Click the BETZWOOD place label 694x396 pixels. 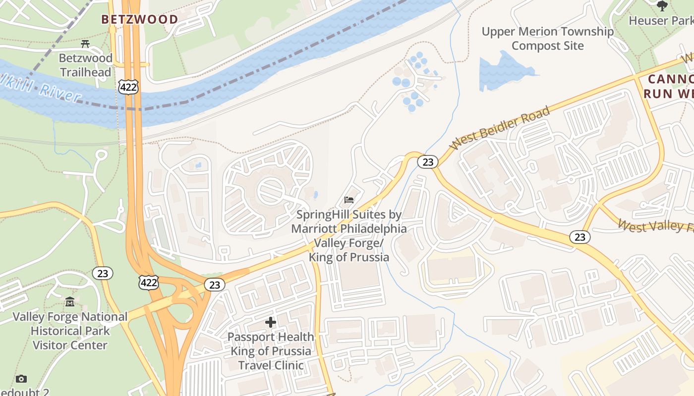[140, 19]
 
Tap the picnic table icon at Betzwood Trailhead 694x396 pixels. [85, 45]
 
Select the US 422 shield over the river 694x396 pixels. [128, 87]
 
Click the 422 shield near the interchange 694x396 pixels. [149, 283]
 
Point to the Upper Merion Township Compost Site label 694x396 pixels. [548, 39]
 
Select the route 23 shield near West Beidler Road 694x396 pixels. [427, 162]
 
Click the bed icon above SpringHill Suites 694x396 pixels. [349, 200]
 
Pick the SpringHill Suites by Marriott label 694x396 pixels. [349, 236]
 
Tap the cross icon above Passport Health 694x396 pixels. [271, 323]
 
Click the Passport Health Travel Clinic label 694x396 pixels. [271, 351]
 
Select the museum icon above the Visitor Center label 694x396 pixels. [70, 301]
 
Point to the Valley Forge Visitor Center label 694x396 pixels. [70, 331]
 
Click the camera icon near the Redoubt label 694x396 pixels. [21, 379]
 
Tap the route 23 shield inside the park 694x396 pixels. [103, 273]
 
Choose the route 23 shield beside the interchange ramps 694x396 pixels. [214, 285]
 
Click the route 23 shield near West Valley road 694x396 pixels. [579, 237]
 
